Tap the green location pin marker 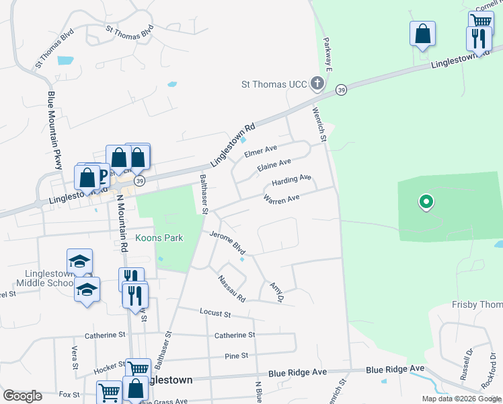click(425, 201)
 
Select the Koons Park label click(159, 238)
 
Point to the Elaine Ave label click(275, 165)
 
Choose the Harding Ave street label click(291, 180)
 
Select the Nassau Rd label click(231, 288)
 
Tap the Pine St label click(237, 355)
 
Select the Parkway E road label click(328, 48)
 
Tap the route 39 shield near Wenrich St click(342, 90)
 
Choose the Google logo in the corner click(22, 396)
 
